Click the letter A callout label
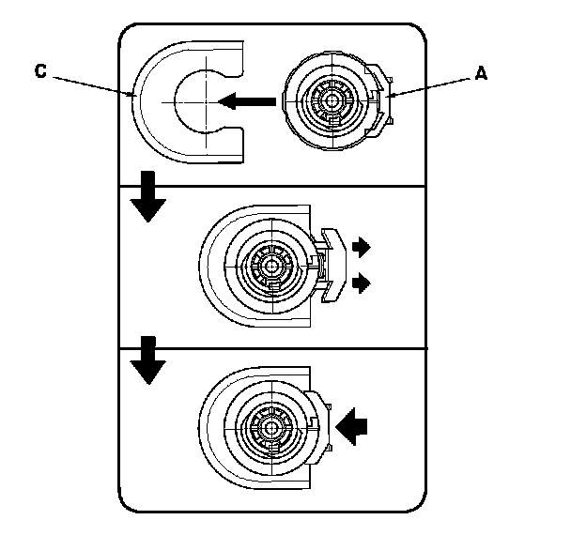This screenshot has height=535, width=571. (x=480, y=74)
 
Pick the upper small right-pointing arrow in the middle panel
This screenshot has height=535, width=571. (x=361, y=247)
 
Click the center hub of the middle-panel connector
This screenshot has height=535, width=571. (x=271, y=266)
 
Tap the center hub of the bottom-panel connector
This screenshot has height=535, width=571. (x=272, y=425)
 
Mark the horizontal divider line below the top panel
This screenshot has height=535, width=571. (x=272, y=185)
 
